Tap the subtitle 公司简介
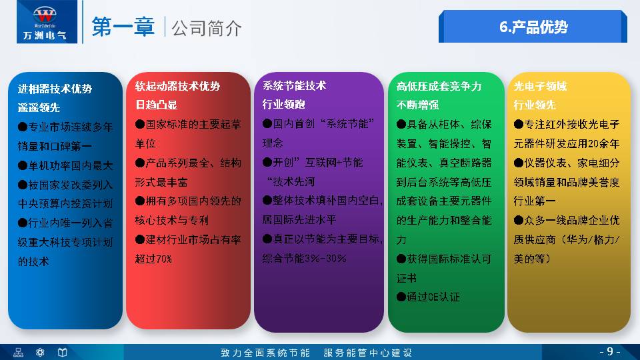click(206, 27)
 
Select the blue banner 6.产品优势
click(533, 27)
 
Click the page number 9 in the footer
click(609, 351)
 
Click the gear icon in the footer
click(40, 352)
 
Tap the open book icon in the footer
click(62, 352)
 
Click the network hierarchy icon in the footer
click(19, 352)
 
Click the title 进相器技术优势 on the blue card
click(55, 89)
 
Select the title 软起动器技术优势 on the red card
click(177, 86)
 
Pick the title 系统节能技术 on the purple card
click(294, 86)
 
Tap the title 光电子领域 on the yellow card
click(540, 86)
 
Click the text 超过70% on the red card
click(153, 259)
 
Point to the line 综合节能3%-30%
click(304, 259)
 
